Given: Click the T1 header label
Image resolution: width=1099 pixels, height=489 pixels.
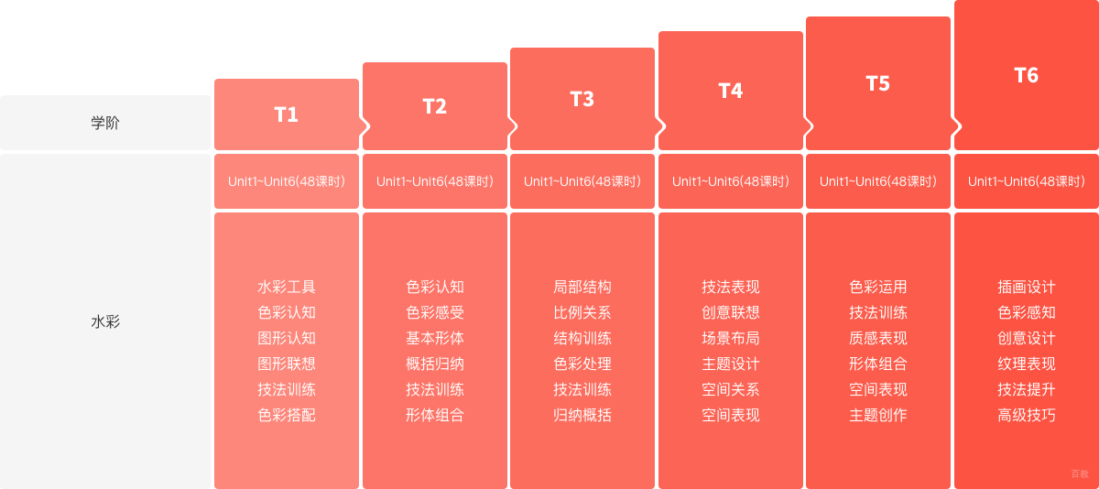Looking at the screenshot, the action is click(286, 114).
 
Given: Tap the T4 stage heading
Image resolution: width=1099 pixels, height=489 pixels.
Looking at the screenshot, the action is click(731, 91).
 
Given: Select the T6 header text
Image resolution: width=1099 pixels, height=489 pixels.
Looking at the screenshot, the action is click(1026, 75).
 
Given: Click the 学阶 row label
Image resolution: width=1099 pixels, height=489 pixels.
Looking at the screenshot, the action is click(105, 123).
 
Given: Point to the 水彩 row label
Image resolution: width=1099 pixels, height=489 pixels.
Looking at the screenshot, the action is click(105, 321).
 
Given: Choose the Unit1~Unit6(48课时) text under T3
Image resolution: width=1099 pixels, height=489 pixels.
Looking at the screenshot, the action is click(582, 181).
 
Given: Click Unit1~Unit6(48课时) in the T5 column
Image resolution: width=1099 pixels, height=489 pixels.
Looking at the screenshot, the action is click(877, 181).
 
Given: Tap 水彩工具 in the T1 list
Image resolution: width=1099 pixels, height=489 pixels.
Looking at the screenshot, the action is click(287, 287).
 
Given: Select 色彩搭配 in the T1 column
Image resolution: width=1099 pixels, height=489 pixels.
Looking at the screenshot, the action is click(287, 416).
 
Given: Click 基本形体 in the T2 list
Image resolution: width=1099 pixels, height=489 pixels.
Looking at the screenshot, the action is click(435, 339).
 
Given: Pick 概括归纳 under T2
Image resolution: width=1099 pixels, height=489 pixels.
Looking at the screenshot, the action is click(435, 364).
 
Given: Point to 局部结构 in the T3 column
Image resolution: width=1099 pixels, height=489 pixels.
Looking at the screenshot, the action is click(582, 287).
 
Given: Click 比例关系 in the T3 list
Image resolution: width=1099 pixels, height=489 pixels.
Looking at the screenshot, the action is click(582, 312).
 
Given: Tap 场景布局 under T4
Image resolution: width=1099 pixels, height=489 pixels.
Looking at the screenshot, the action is click(731, 339).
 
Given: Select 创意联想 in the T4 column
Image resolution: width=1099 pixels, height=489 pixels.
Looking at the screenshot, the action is click(731, 312).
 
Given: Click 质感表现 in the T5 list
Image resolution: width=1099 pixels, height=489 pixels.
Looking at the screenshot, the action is click(877, 339).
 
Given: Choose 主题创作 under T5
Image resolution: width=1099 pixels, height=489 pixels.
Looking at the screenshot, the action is click(877, 416).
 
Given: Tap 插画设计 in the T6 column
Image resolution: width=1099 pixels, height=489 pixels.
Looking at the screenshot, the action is click(1027, 287).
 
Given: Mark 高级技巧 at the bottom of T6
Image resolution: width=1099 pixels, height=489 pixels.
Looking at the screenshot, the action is click(1027, 416).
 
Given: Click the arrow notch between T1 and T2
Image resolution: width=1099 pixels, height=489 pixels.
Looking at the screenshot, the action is click(365, 126).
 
